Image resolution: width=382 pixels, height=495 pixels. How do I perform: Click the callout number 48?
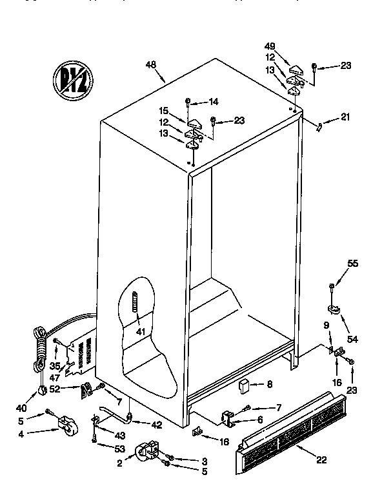(x=152, y=64)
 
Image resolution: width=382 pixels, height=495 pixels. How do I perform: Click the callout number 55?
(x=335, y=264)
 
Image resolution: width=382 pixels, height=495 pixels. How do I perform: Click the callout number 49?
(x=270, y=46)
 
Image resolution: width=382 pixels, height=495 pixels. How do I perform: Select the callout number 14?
(x=214, y=101)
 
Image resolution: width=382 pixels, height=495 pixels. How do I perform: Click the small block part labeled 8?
(x=243, y=386)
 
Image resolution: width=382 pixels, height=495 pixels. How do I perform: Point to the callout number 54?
(x=352, y=338)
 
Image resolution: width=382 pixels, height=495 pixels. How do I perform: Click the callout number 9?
(x=327, y=325)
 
